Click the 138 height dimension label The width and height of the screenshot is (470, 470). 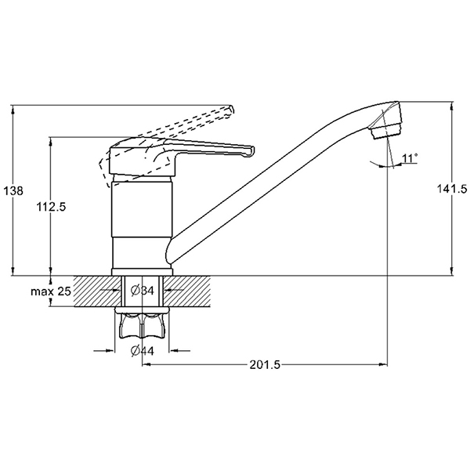pos(13,190)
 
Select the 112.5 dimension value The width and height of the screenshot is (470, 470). pos(51,207)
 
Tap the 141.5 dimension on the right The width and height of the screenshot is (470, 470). pos(452,189)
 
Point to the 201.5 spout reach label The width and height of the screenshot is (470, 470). pos(265,365)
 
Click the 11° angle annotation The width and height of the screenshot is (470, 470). pos(410,157)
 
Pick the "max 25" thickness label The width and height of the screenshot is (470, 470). pos(51,291)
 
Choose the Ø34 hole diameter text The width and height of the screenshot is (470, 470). pos(143,290)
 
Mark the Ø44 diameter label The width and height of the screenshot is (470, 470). pos(143,351)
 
